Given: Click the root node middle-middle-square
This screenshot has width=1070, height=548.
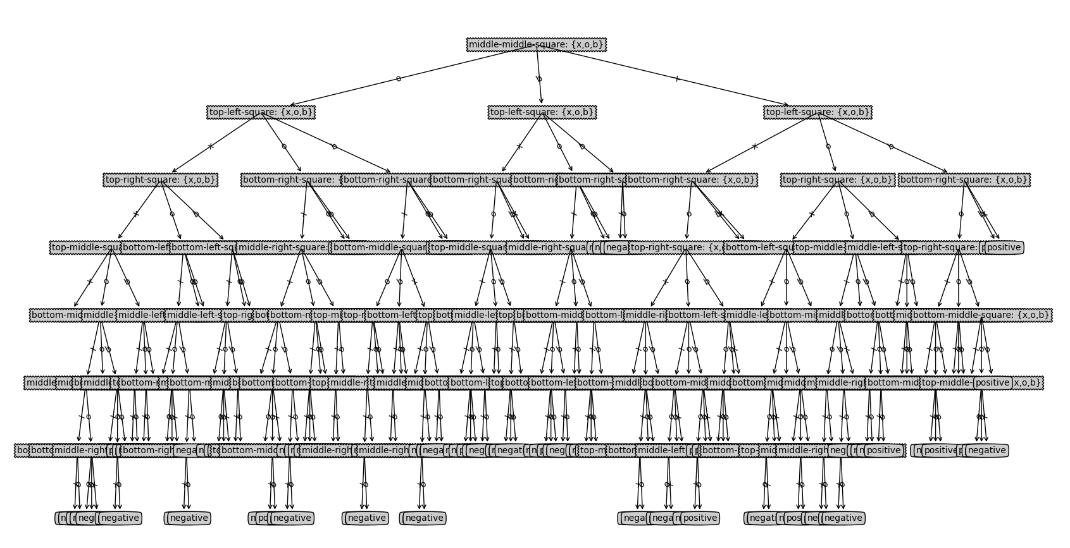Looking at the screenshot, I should pos(536,44).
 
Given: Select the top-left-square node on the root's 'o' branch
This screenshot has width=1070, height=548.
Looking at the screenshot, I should pos(261,112).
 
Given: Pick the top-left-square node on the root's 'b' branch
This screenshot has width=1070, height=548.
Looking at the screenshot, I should pos(542,112).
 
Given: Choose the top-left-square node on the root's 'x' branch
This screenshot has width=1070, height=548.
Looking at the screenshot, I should pos(818,112).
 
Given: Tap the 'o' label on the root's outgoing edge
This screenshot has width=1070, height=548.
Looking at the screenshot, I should pos(398,78).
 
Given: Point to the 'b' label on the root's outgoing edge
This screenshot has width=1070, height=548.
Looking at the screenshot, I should pos(539,79).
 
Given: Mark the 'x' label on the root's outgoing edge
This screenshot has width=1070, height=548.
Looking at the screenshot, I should pos(677,79).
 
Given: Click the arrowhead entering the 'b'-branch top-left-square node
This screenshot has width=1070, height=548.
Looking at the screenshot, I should pos(542,101).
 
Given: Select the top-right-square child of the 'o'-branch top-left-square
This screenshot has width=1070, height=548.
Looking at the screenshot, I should pos(161,180).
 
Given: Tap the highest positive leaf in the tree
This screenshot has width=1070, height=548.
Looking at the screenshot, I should pos(1004,247).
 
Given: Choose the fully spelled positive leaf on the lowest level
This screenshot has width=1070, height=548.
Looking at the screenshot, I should pos(700,518).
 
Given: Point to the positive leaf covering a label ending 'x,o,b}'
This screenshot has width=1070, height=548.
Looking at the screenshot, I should pos(992,382).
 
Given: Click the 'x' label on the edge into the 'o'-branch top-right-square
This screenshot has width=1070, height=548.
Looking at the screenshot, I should pos(211,147).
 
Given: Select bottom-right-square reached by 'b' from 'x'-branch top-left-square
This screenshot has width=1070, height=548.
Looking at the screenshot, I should pos(964,180).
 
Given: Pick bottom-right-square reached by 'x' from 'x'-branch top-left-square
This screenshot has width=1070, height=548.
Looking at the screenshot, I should pos(691,180).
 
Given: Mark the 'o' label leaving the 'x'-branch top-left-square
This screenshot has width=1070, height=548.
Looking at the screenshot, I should pos(828,147).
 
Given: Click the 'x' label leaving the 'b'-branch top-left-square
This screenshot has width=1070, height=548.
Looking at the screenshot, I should pos(519,147).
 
